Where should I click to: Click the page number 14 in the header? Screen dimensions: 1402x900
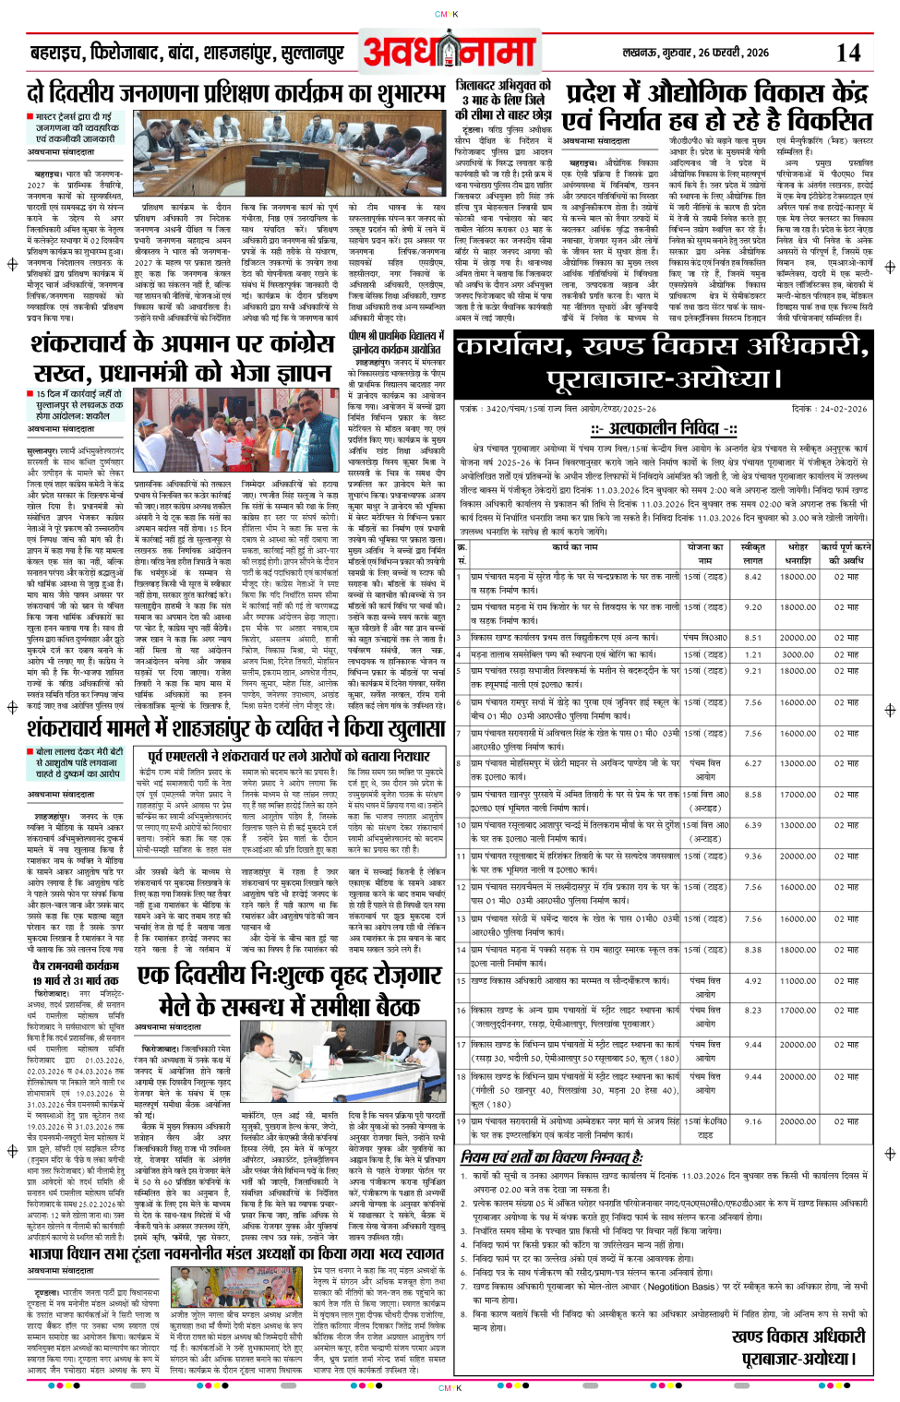[x=847, y=53]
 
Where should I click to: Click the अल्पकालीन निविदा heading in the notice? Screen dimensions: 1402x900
[x=665, y=429]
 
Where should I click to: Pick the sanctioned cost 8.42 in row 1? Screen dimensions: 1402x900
[x=753, y=577]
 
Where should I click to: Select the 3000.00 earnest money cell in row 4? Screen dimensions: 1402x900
[x=798, y=654]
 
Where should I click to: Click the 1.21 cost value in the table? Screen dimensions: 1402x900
[x=753, y=654]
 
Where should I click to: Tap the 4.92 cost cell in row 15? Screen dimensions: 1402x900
[x=753, y=981]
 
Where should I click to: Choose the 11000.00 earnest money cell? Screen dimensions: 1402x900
[x=798, y=981]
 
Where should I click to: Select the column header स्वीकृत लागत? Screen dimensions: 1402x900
[x=753, y=554]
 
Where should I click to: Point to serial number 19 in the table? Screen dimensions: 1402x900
[x=462, y=1121]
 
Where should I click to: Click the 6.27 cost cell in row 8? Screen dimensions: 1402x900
[x=753, y=763]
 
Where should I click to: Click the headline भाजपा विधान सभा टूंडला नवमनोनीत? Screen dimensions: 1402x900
[x=235, y=1254]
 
